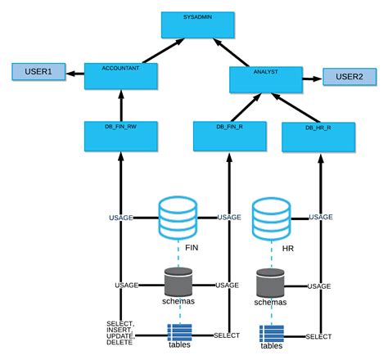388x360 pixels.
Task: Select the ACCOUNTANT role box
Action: tap(120, 76)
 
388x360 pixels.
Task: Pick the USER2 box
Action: tap(349, 77)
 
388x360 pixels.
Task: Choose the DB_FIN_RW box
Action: tap(120, 135)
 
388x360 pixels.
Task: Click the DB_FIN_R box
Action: tap(228, 135)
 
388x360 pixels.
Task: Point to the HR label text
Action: tap(287, 248)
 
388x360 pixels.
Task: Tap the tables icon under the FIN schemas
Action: tap(179, 332)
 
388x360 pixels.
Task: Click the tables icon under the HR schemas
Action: tap(272, 334)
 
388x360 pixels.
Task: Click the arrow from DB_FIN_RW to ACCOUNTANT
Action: tap(120, 106)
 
